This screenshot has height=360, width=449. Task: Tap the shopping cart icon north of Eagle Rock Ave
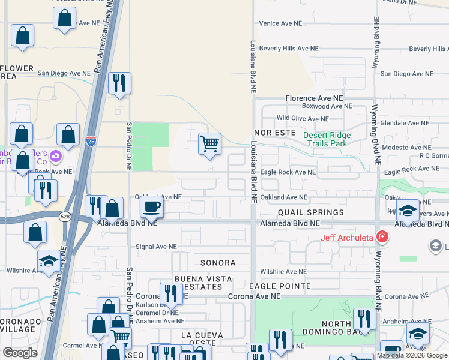209,144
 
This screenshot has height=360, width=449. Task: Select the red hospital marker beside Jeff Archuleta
381,236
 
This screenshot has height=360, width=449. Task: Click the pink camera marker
56,157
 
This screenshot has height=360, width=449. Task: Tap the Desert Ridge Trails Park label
326,139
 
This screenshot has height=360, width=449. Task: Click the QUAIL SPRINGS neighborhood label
310,212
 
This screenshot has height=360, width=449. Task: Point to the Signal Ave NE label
156,246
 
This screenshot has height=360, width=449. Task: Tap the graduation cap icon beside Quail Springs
408,211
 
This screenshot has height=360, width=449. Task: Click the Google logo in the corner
20,352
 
